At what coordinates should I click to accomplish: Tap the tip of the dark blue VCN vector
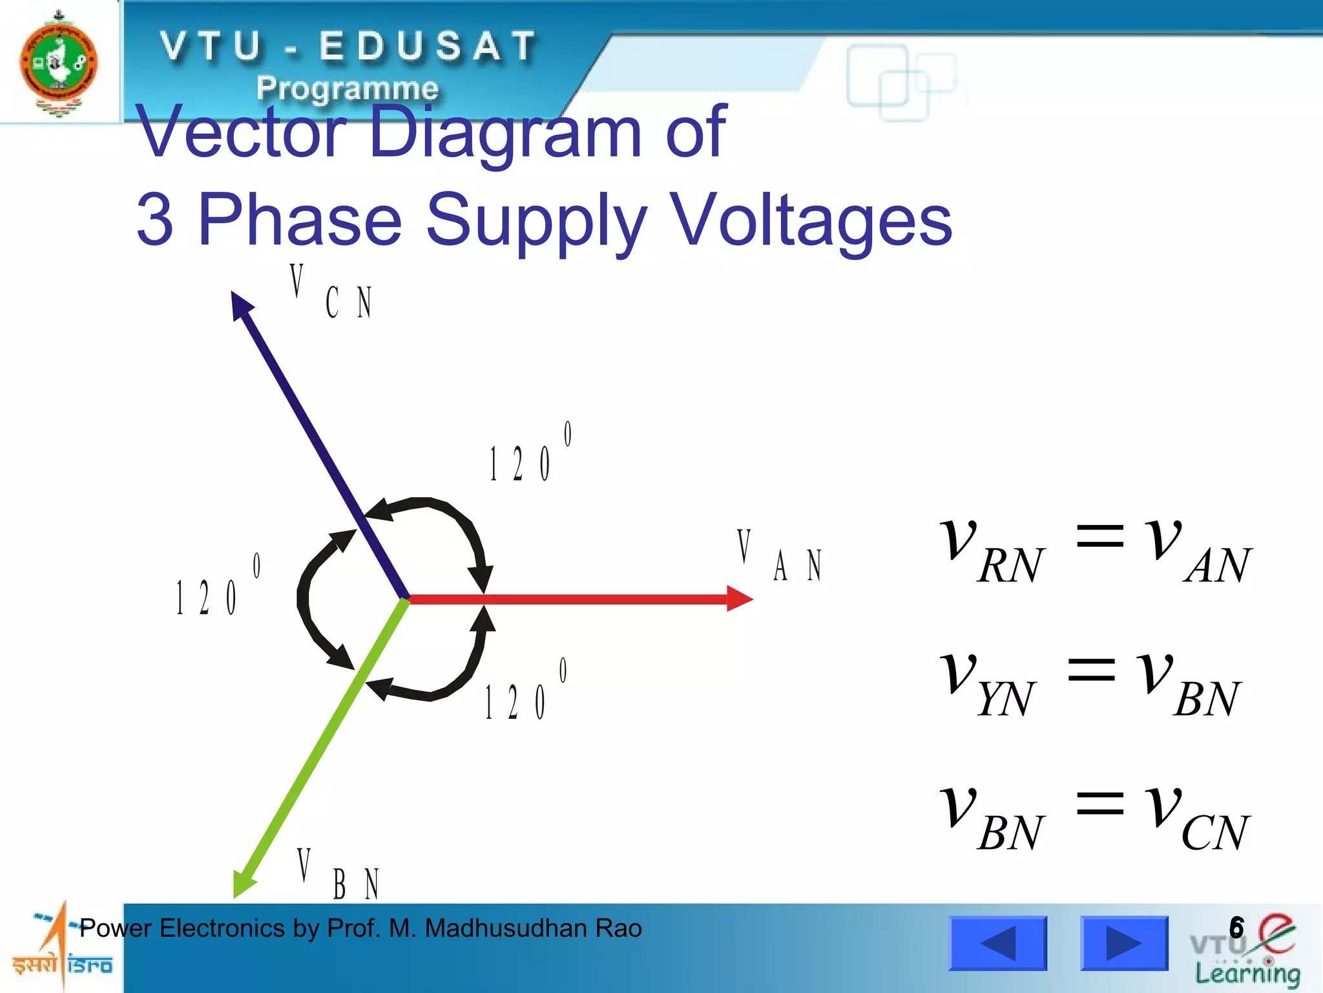tap(238, 303)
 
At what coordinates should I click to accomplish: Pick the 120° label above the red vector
tap(530, 453)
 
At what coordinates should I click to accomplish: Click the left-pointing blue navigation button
tap(997, 943)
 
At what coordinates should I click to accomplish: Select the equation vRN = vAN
tap(1095, 550)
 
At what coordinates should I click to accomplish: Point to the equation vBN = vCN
tap(1095, 817)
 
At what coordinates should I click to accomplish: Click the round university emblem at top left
tap(59, 63)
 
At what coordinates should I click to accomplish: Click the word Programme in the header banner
tap(347, 88)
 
